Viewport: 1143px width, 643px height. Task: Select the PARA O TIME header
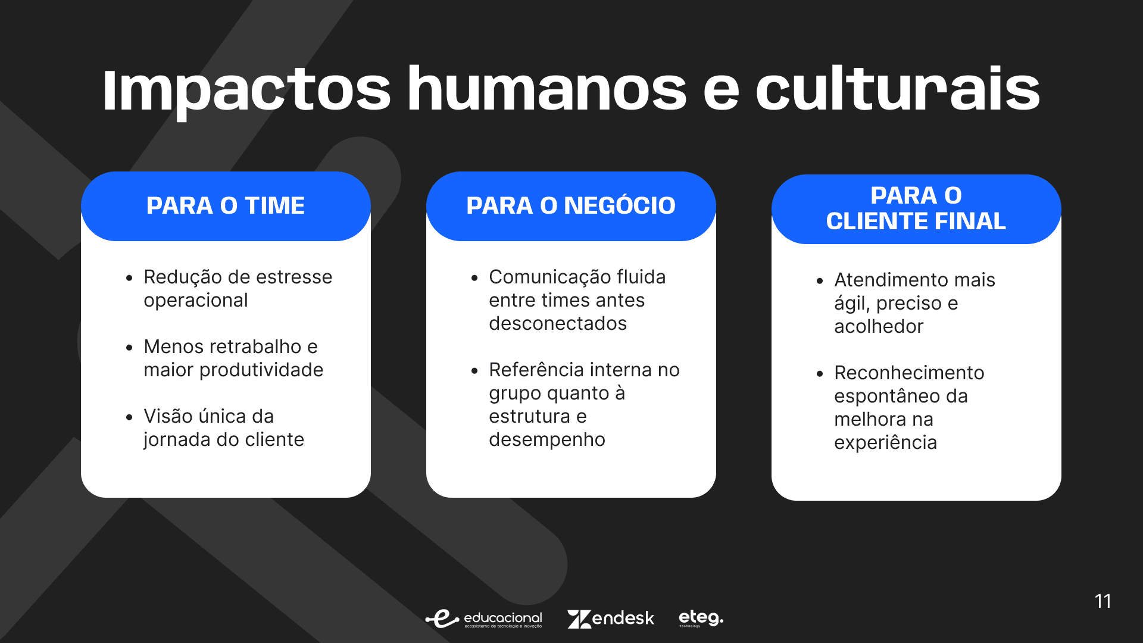coord(226,205)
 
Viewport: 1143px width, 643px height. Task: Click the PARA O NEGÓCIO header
coord(571,205)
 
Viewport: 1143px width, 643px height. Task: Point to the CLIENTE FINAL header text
coord(916,221)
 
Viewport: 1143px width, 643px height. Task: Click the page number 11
coord(1103,601)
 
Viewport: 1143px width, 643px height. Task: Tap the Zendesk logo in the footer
coord(611,619)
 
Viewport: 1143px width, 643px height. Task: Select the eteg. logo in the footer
coord(701,618)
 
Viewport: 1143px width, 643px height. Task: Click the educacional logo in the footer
coord(484,619)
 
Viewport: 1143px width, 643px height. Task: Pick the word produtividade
coord(261,370)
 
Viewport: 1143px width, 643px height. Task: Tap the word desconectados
coord(558,323)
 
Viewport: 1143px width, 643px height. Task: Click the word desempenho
coord(547,440)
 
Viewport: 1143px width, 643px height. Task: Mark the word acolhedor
coord(879,326)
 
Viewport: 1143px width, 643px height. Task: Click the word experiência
coord(886,443)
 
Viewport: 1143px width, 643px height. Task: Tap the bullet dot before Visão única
coord(129,417)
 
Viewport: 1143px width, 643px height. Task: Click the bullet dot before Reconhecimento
coord(820,374)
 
